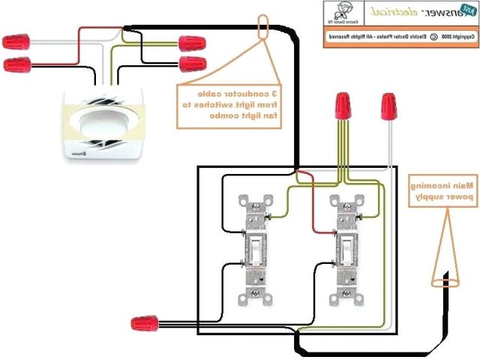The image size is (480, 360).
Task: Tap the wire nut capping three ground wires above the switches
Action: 344,106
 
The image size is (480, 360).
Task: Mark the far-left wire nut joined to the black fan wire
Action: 16,64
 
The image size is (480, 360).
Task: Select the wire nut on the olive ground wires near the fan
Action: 192,62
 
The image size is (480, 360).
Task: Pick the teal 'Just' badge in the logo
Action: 466,10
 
